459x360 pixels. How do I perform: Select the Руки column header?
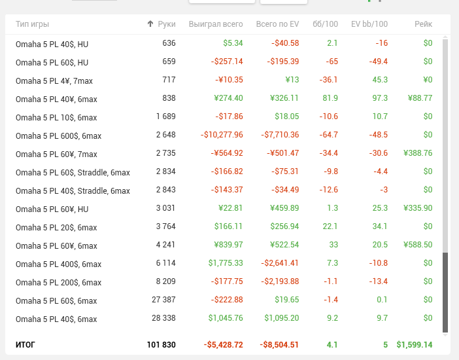pyautogui.click(x=167, y=24)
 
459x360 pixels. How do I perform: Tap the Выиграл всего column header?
pyautogui.click(x=216, y=24)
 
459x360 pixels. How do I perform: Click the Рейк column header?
pyautogui.click(x=423, y=24)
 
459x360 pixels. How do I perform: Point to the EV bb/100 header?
pyautogui.click(x=369, y=24)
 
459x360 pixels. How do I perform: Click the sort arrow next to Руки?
pyautogui.click(x=150, y=24)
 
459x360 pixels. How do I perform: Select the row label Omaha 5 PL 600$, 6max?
pyautogui.click(x=58, y=135)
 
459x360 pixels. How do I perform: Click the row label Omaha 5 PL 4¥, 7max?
pyautogui.click(x=56, y=80)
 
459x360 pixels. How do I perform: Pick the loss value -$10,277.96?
pyautogui.click(x=222, y=135)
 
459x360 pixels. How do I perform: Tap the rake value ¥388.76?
pyautogui.click(x=418, y=154)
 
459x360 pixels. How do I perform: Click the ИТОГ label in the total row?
pyautogui.click(x=25, y=344)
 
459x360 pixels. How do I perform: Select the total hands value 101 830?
pyautogui.click(x=161, y=344)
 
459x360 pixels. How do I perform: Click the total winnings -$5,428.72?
pyautogui.click(x=223, y=344)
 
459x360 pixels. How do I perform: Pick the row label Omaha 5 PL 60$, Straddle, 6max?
pyautogui.click(x=73, y=172)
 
